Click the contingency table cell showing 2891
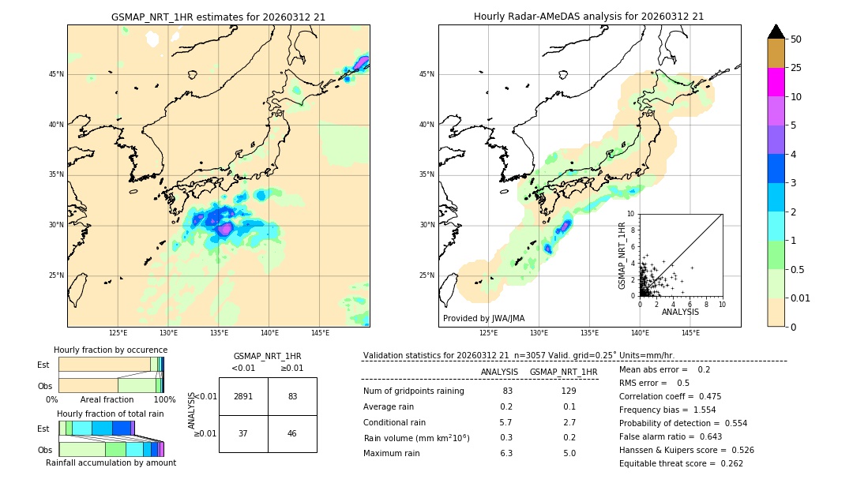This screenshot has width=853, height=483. [243, 396]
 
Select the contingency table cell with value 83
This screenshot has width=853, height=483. [292, 396]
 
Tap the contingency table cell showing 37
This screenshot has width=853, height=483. [243, 433]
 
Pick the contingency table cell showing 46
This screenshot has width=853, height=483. [292, 433]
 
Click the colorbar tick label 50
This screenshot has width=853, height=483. [796, 39]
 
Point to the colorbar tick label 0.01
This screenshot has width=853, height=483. [800, 298]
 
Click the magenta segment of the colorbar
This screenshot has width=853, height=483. [776, 82]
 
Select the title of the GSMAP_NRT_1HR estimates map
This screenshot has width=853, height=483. [218, 17]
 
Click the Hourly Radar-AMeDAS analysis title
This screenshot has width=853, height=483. [588, 17]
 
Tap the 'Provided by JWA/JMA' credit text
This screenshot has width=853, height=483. [483, 319]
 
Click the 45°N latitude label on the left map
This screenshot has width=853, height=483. [56, 74]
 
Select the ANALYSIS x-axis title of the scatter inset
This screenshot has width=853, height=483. [680, 313]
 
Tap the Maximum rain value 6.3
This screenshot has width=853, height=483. [506, 453]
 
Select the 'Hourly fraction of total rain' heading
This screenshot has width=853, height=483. [111, 414]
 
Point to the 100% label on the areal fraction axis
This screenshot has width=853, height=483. [164, 400]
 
